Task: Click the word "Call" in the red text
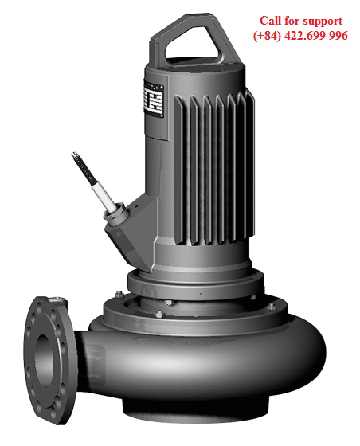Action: click(272, 21)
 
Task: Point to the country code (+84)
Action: click(269, 36)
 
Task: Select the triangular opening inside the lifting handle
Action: click(197, 40)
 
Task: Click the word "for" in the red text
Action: click(296, 21)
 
